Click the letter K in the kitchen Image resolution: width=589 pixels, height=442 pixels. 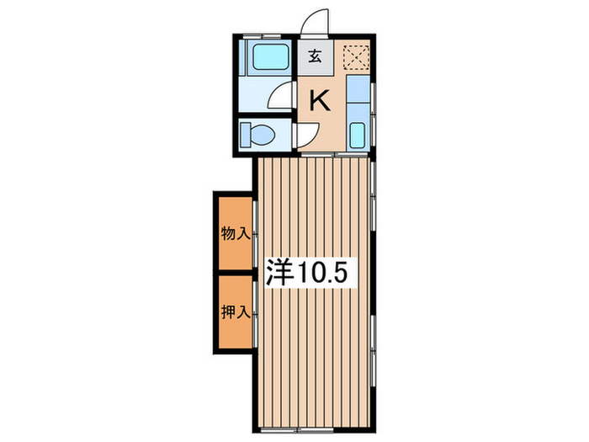click(x=320, y=101)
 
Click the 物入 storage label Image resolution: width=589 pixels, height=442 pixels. click(x=235, y=233)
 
